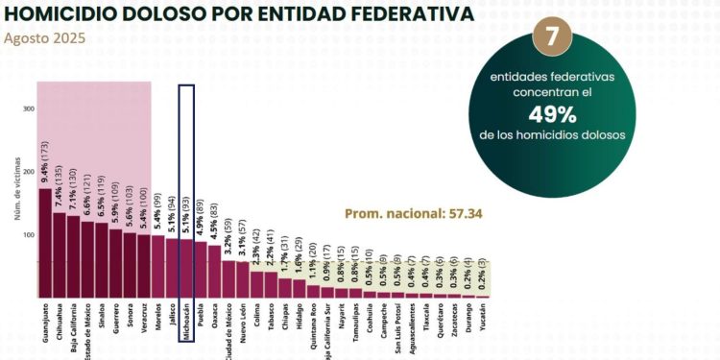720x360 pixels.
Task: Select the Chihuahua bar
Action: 60,255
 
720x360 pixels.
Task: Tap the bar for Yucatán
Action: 482,296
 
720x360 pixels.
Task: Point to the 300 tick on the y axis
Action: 29,108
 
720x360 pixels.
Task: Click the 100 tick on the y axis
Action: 29,234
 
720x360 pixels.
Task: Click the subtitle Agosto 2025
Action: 44,39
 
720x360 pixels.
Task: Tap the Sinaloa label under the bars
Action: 102,324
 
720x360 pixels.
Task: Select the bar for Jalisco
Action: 172,268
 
